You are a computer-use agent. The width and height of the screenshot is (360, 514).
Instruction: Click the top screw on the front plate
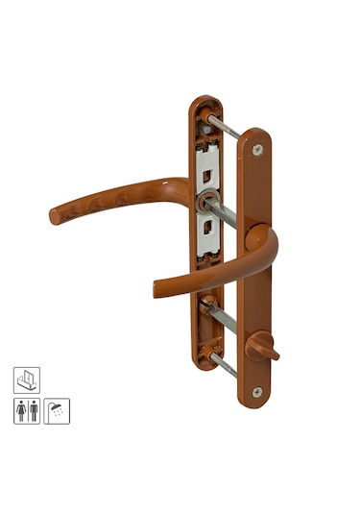coord(256,150)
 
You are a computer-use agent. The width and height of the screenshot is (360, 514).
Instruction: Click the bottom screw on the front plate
coord(255,391)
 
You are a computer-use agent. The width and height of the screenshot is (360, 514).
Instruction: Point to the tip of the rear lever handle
coord(56,216)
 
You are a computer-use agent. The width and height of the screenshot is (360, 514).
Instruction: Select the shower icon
coord(57,410)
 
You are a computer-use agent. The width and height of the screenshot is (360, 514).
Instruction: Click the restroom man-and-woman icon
coord(27,410)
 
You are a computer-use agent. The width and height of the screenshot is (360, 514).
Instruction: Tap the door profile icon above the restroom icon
coord(27,379)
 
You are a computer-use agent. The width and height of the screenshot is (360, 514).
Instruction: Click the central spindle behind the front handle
coord(219,208)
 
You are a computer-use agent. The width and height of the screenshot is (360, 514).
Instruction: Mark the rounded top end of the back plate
coord(204,102)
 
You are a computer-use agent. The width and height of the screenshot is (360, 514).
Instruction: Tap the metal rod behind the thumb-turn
coord(222,317)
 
